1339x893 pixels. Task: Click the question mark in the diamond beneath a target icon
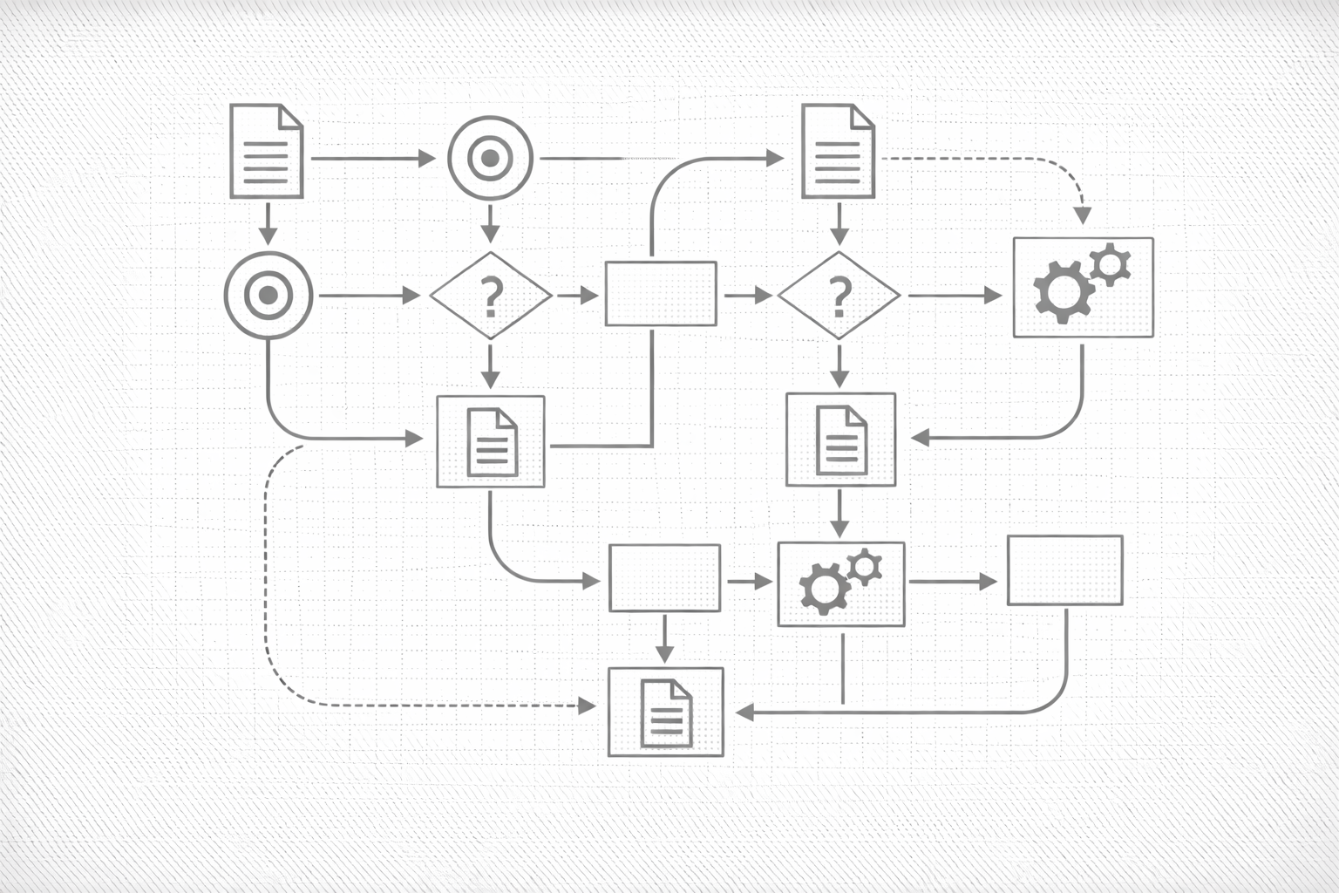[492, 297]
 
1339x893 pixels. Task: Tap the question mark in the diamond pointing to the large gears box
[839, 297]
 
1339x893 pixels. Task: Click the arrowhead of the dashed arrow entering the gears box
[1083, 216]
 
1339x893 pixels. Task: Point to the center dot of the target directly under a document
[268, 297]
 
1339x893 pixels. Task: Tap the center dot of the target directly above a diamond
[490, 159]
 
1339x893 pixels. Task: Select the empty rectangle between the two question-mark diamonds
[661, 294]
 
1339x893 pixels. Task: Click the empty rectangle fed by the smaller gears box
[1064, 570]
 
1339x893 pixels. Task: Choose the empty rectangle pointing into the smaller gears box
[664, 577]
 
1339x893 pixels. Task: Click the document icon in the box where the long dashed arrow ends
[666, 712]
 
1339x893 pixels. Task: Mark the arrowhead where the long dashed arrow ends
[589, 705]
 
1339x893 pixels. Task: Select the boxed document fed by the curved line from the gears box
[840, 440]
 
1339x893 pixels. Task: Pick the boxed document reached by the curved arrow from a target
[491, 441]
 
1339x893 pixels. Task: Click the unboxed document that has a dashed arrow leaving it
[838, 151]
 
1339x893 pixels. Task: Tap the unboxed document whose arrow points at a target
[266, 151]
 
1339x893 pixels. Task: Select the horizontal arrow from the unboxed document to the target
[373, 159]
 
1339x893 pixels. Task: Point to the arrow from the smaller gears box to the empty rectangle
[951, 582]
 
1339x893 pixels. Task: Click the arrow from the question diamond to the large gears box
[955, 296]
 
